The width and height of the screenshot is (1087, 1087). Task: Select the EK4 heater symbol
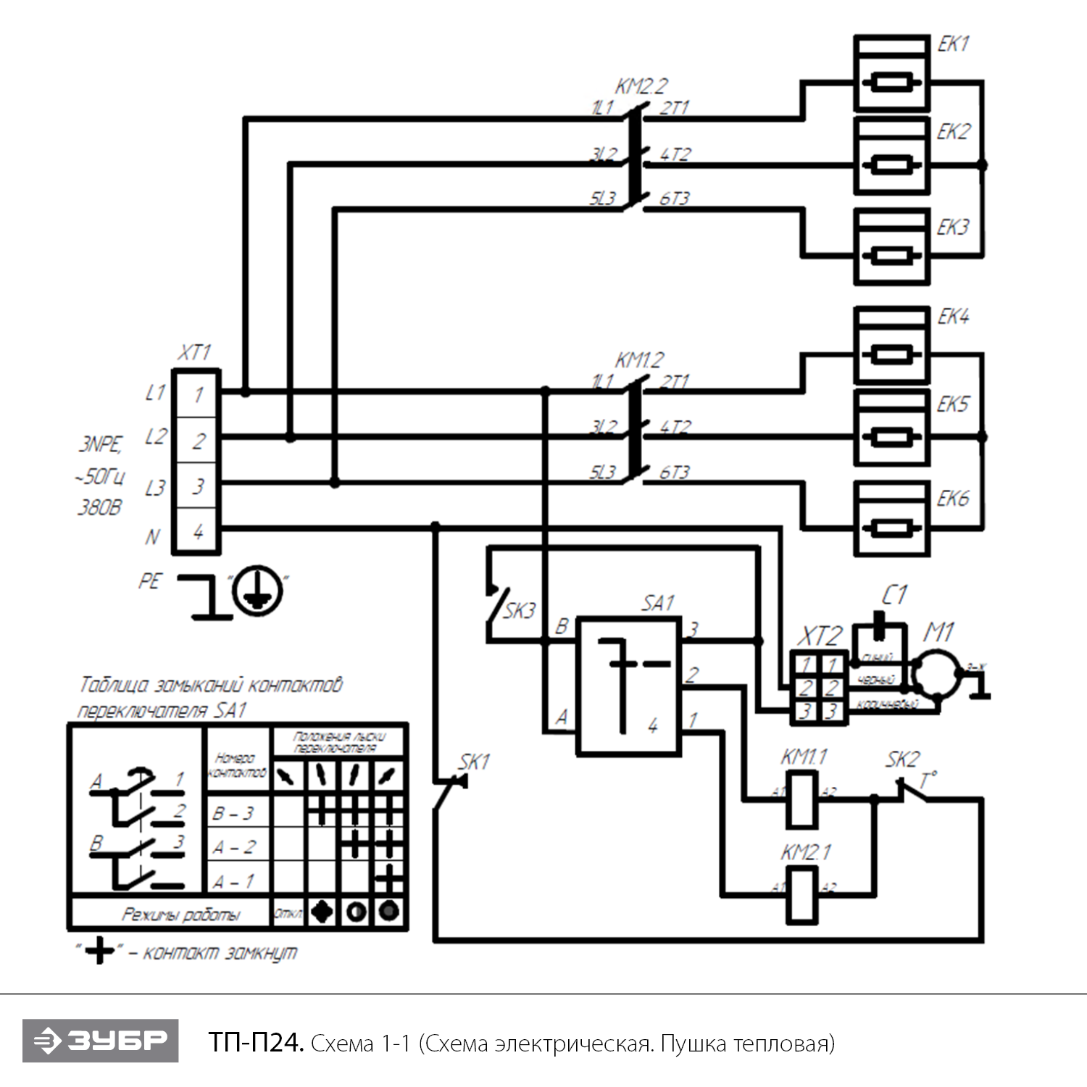pyautogui.click(x=891, y=346)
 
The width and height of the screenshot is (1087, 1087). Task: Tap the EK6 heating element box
pyautogui.click(x=891, y=519)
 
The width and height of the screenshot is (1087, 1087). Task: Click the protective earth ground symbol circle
pyautogui.click(x=257, y=591)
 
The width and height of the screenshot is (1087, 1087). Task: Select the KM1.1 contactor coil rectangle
pyautogui.click(x=802, y=799)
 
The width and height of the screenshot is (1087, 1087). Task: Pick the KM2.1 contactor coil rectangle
pyautogui.click(x=802, y=895)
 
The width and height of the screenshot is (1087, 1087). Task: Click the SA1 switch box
pyautogui.click(x=628, y=686)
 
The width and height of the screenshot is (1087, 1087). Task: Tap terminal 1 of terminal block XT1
pyautogui.click(x=197, y=395)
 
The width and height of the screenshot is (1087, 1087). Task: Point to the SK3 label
pyautogui.click(x=519, y=611)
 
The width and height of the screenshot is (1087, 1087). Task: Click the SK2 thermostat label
pyautogui.click(x=901, y=759)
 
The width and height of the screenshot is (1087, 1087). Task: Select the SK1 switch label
pyautogui.click(x=474, y=762)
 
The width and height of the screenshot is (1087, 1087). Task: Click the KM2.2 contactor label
pyautogui.click(x=641, y=87)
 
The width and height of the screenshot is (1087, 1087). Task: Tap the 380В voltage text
pyautogui.click(x=99, y=507)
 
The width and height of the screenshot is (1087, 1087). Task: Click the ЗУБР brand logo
pyautogui.click(x=100, y=1041)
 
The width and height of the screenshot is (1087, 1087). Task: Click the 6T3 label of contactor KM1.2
pyautogui.click(x=674, y=472)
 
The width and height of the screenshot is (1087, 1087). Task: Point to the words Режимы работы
pyautogui.click(x=180, y=915)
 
